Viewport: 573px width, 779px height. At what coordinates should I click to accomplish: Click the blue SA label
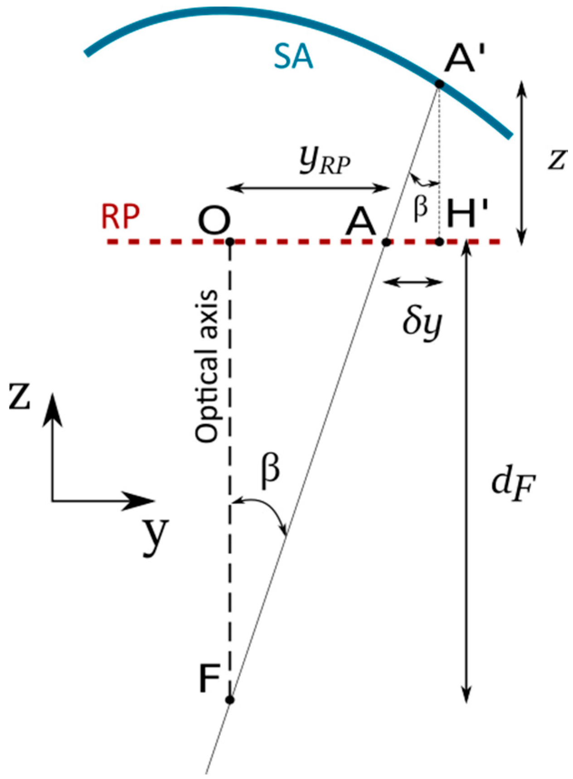(x=293, y=59)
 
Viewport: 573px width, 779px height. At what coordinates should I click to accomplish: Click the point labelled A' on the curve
(x=439, y=84)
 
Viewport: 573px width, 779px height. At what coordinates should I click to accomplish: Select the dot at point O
(x=230, y=242)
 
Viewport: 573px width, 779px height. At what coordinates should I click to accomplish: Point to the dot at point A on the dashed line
(x=386, y=242)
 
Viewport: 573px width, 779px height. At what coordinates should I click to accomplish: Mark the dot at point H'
(x=439, y=242)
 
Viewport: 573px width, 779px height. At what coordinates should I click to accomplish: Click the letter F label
(x=209, y=679)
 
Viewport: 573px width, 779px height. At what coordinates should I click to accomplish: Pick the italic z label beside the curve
(x=557, y=159)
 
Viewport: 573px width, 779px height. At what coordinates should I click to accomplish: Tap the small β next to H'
(x=421, y=209)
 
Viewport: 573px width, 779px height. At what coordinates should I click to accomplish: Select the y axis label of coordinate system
(x=156, y=535)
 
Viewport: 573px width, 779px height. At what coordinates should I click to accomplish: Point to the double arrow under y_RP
(x=308, y=188)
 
